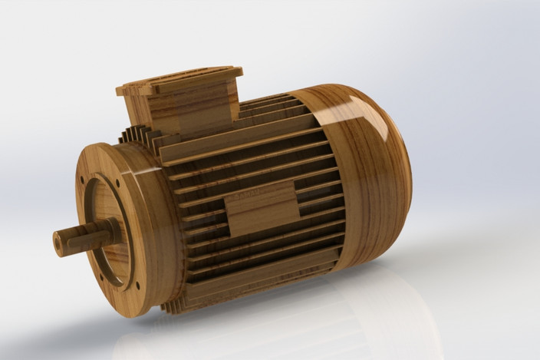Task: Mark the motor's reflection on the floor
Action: [x=307, y=322]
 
